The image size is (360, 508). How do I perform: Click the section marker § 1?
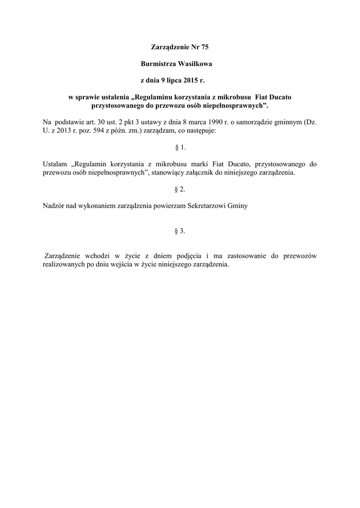coord(180,148)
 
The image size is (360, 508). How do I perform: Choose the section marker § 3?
coord(180,231)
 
